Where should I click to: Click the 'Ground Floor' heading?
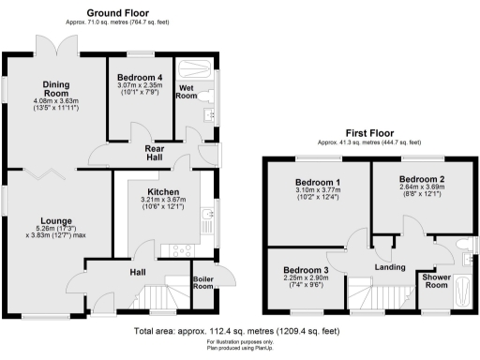[120, 11]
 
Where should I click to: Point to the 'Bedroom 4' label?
[141, 76]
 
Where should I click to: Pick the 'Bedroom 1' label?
[318, 182]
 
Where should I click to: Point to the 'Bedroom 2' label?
[421, 178]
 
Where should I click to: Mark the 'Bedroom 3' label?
[305, 271]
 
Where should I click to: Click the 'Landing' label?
[389, 268]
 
